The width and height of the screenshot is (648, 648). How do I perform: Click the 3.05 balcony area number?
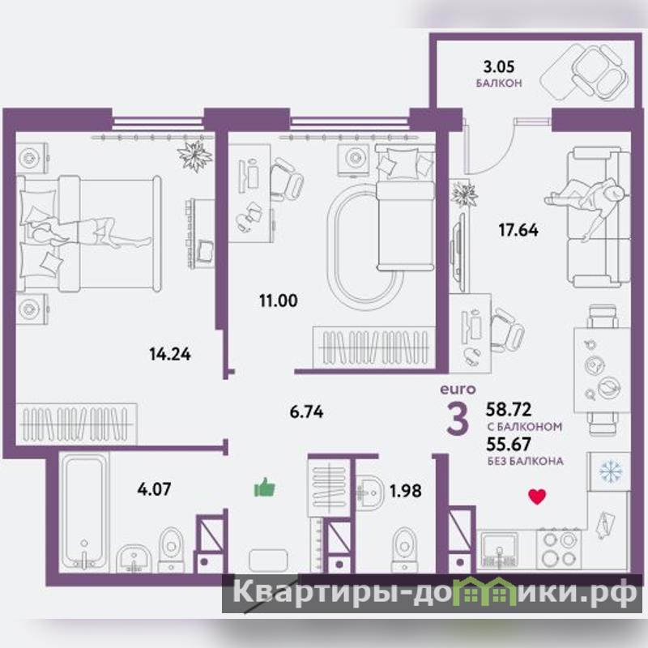pyautogui.click(x=499, y=66)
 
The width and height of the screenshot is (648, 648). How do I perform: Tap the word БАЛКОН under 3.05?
pyautogui.click(x=499, y=83)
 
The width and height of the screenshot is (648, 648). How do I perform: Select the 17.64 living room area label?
pyautogui.click(x=518, y=230)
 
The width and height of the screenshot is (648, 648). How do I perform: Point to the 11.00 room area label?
pyautogui.click(x=278, y=301)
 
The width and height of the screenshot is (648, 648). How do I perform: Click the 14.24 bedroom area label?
pyautogui.click(x=170, y=354)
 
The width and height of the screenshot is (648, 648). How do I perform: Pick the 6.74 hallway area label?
pyautogui.click(x=306, y=411)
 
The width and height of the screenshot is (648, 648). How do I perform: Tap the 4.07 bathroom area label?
pyautogui.click(x=154, y=489)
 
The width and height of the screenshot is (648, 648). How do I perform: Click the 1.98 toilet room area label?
pyautogui.click(x=406, y=491)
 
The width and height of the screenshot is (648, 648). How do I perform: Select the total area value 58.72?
pyautogui.click(x=509, y=409)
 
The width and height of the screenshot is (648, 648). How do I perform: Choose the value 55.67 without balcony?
pyautogui.click(x=509, y=444)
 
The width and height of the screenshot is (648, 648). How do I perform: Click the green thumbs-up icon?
pyautogui.click(x=265, y=487)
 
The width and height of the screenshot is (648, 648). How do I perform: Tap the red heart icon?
pyautogui.click(x=537, y=497)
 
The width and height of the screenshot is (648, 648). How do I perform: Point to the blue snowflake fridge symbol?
pyautogui.click(x=611, y=471)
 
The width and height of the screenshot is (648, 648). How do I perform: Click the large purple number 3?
pyautogui.click(x=458, y=418)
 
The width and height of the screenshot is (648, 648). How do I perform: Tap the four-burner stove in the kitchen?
pyautogui.click(x=559, y=549)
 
